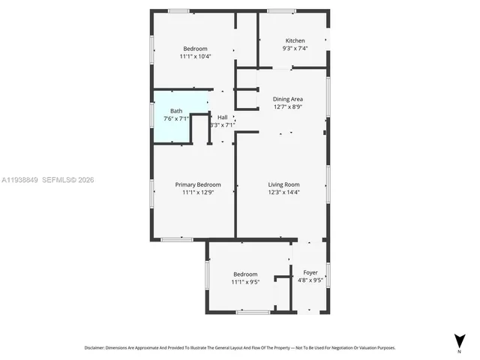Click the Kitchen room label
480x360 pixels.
(295, 40)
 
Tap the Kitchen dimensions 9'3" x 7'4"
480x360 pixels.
(295, 48)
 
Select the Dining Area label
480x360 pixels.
(287, 99)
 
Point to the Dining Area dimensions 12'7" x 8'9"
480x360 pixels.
(287, 106)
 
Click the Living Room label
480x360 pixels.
(284, 184)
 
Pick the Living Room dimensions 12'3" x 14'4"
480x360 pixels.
(284, 192)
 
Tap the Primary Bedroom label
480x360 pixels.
(198, 184)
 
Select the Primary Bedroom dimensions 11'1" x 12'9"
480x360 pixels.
(198, 192)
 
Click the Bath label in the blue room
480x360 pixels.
(175, 111)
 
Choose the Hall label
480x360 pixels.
(223, 118)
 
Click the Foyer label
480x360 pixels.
(310, 272)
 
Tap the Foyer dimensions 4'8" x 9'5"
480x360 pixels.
(310, 280)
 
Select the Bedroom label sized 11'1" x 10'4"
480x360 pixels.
(195, 49)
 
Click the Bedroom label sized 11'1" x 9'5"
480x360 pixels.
(245, 274)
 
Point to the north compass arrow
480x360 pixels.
(458, 340)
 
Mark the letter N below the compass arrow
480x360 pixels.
(458, 350)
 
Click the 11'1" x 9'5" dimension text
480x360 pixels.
(245, 283)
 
